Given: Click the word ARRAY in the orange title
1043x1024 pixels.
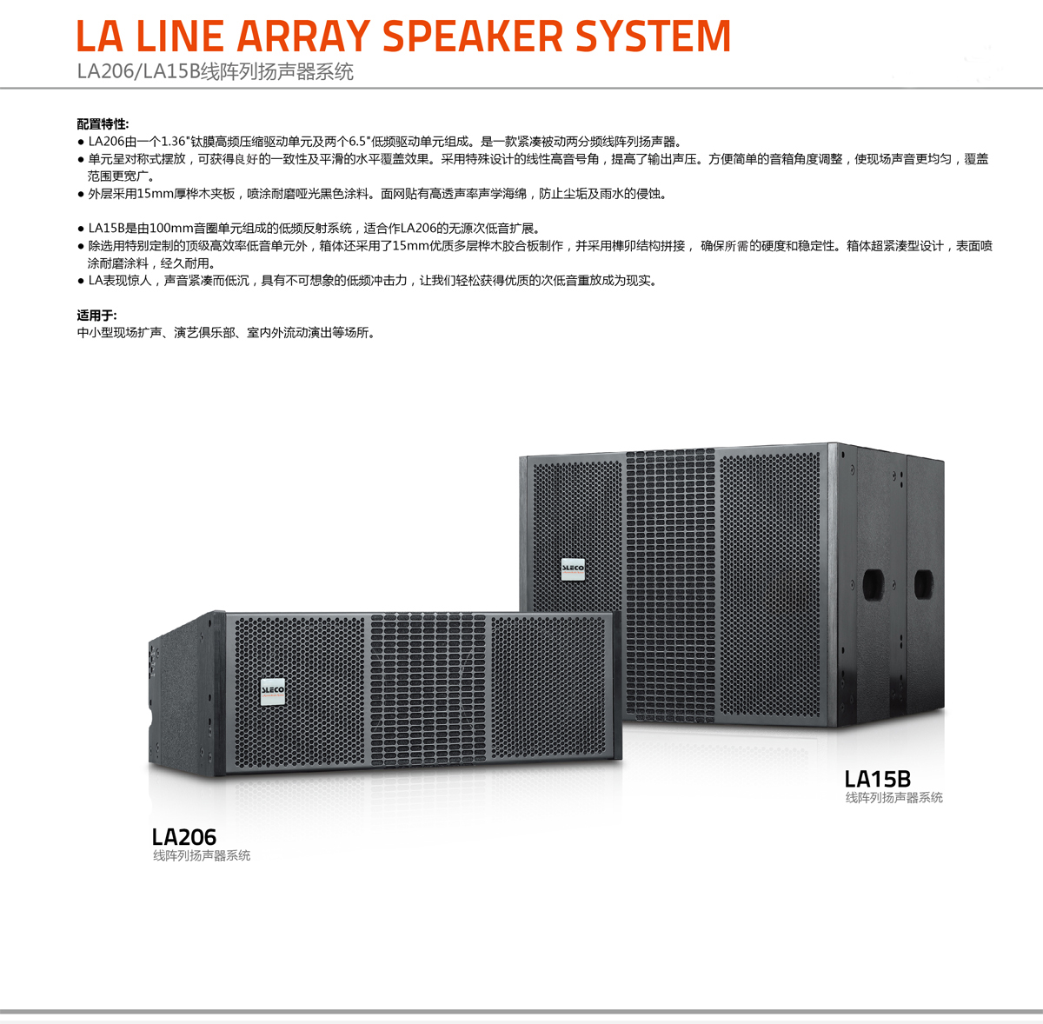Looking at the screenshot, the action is [302, 37].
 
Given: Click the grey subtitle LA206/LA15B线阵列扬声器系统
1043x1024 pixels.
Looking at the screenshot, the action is [215, 71].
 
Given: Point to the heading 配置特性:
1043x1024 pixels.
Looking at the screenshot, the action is [103, 124].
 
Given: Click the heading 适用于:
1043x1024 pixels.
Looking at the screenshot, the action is [96, 316].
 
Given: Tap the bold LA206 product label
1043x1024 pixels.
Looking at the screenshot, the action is [184, 837].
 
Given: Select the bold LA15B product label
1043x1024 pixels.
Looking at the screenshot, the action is [877, 779].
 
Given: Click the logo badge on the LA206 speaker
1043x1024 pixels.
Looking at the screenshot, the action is [272, 692].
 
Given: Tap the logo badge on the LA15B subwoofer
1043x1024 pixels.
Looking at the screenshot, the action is [573, 569].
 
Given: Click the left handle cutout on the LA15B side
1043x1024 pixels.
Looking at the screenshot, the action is [874, 585].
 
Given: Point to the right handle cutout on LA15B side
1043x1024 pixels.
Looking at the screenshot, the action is [923, 584].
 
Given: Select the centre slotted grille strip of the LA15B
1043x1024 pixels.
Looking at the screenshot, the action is [671, 585].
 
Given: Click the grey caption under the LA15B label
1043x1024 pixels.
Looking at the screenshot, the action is [894, 798].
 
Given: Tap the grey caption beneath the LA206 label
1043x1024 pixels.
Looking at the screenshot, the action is [202, 855].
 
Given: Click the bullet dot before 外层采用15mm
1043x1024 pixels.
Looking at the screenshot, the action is [81, 195].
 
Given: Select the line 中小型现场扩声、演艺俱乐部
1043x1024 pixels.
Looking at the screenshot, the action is [226, 332].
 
